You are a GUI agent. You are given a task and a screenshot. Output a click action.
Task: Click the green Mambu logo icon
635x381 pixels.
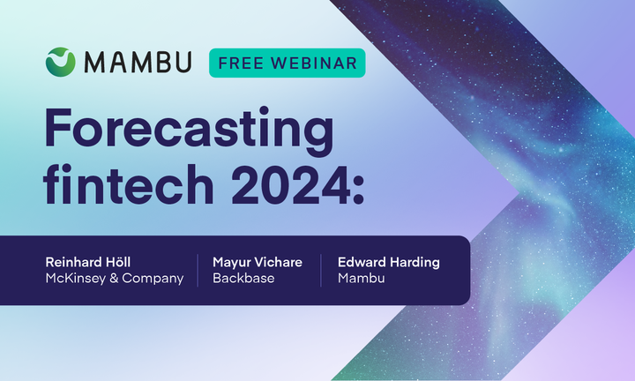point(61,62)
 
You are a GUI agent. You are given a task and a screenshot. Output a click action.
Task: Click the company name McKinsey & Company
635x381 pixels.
point(115,279)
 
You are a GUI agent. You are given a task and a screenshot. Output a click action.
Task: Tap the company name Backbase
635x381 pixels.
point(243,279)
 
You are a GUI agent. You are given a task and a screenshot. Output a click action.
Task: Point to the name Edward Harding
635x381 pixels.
point(389,262)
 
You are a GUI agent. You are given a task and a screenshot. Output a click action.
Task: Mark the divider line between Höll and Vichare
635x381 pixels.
point(198,270)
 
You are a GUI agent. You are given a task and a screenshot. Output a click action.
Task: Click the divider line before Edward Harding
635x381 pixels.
point(322,270)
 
